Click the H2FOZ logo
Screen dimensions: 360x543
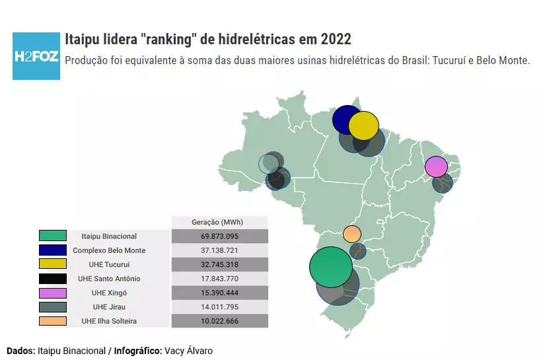(x=36, y=55)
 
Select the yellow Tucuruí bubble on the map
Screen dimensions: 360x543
(x=364, y=126)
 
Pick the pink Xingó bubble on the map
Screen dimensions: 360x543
(x=436, y=166)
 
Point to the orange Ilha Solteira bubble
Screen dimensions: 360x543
(x=352, y=234)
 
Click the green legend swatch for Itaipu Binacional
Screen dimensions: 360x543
(x=53, y=236)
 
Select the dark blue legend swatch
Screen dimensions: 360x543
(x=53, y=250)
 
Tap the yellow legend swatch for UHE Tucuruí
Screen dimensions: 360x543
(x=53, y=264)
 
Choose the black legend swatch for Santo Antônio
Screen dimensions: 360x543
(x=53, y=279)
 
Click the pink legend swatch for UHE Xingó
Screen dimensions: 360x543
(x=53, y=293)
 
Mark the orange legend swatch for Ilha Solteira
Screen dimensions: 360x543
(x=53, y=321)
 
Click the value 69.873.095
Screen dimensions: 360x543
(x=219, y=236)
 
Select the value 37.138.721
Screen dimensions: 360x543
(x=219, y=250)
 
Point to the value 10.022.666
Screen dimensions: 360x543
(x=219, y=322)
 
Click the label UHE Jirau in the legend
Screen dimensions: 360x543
(x=109, y=307)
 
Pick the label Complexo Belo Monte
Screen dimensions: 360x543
(x=109, y=250)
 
